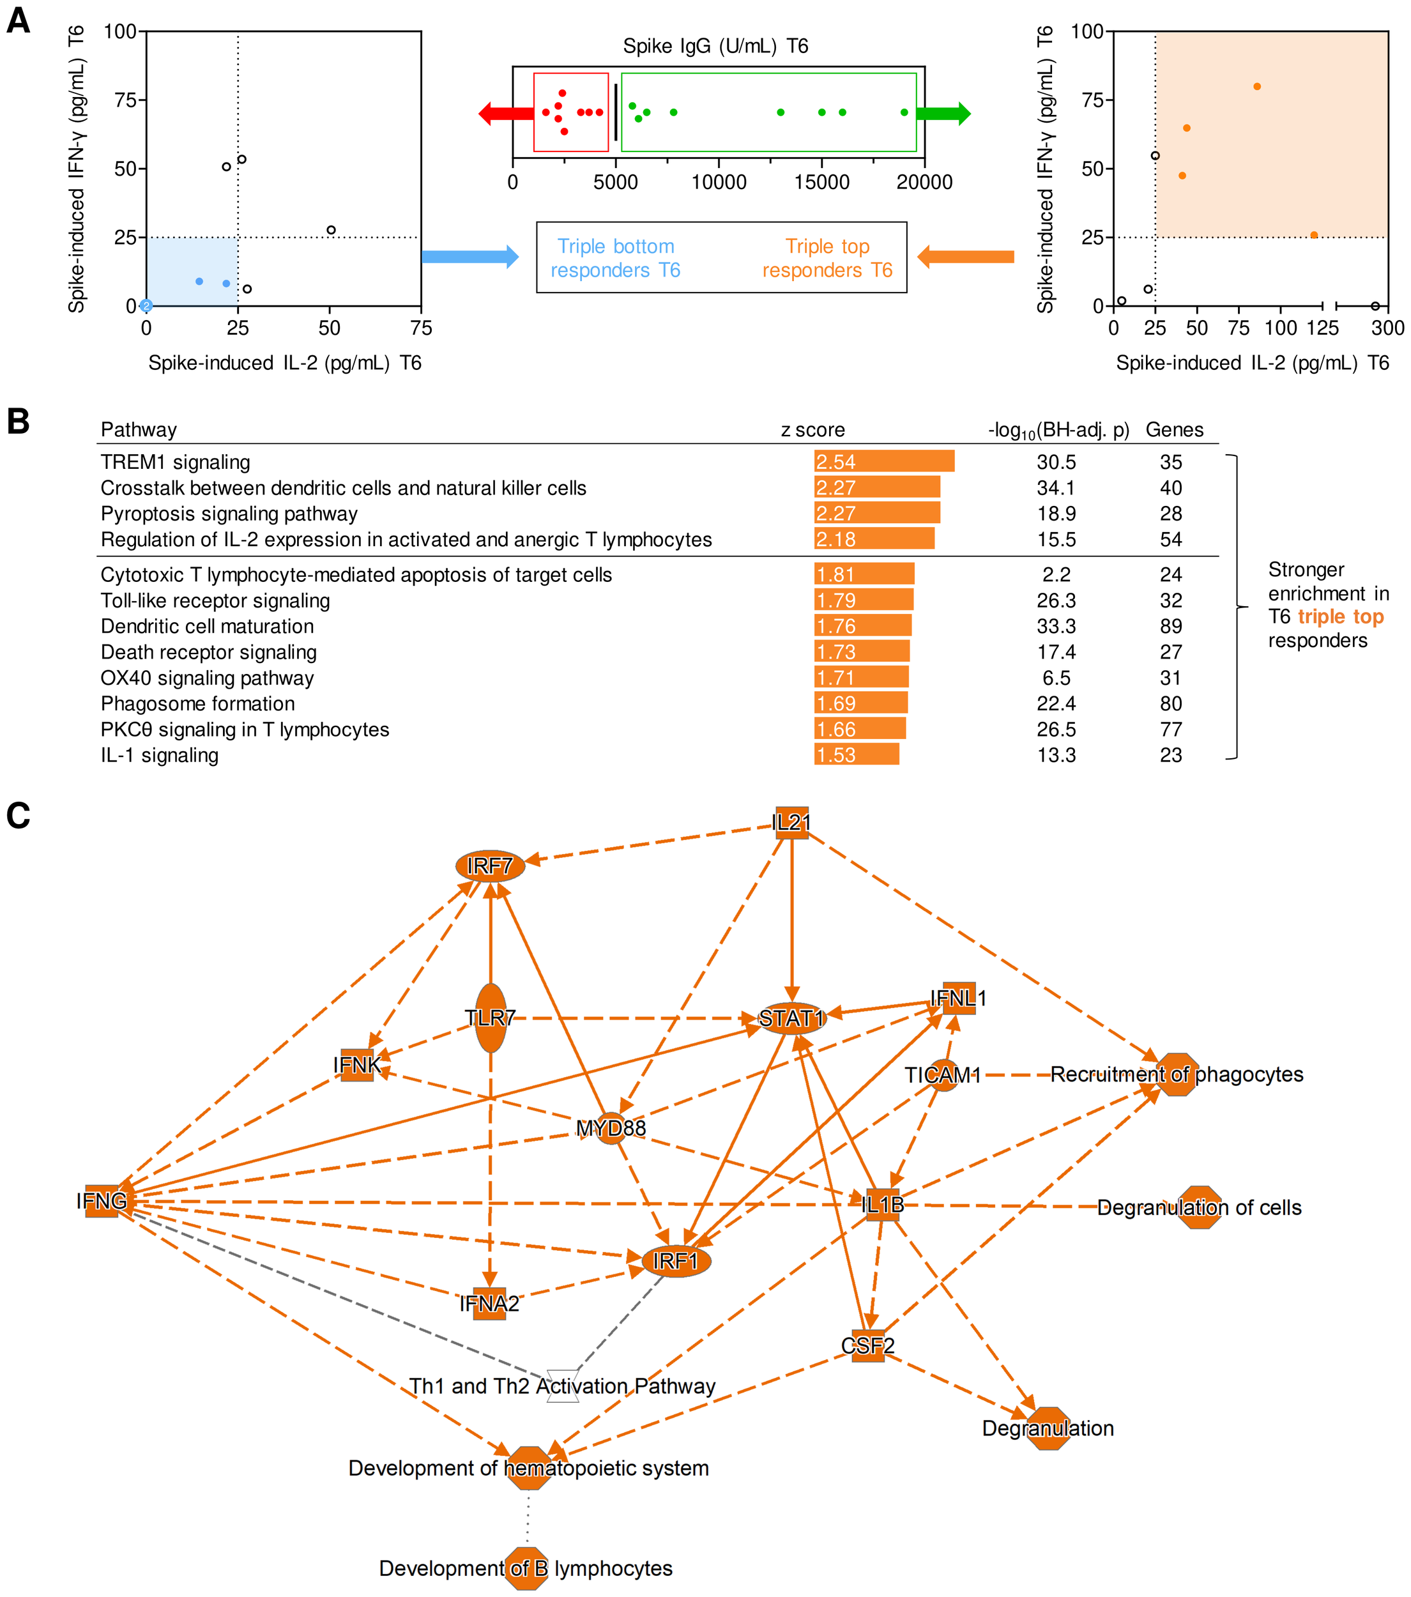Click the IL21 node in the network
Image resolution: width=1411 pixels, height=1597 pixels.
click(x=791, y=823)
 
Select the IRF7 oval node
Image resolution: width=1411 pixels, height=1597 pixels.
click(x=490, y=866)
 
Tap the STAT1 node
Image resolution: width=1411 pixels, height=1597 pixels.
click(x=792, y=1019)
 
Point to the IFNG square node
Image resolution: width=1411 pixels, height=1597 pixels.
click(x=102, y=1201)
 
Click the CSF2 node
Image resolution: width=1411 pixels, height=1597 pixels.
click(x=868, y=1345)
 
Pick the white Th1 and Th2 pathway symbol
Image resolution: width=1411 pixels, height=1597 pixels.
click(x=563, y=1386)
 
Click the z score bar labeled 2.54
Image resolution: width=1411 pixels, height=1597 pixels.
click(x=883, y=461)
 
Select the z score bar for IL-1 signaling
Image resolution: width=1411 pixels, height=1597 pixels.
click(x=857, y=755)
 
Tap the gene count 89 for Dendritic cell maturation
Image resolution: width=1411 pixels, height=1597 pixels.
click(x=1170, y=626)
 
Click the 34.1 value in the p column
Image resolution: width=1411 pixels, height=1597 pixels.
click(x=1055, y=487)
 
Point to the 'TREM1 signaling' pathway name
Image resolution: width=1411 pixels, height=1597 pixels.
click(x=175, y=462)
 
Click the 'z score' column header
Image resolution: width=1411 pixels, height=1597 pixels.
click(x=812, y=430)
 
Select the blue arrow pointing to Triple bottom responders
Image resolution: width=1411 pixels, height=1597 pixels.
click(x=469, y=256)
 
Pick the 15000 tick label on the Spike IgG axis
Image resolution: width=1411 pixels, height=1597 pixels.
click(x=821, y=182)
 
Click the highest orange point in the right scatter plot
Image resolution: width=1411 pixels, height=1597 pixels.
click(x=1257, y=87)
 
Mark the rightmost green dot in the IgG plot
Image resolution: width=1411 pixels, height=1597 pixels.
click(x=904, y=112)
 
